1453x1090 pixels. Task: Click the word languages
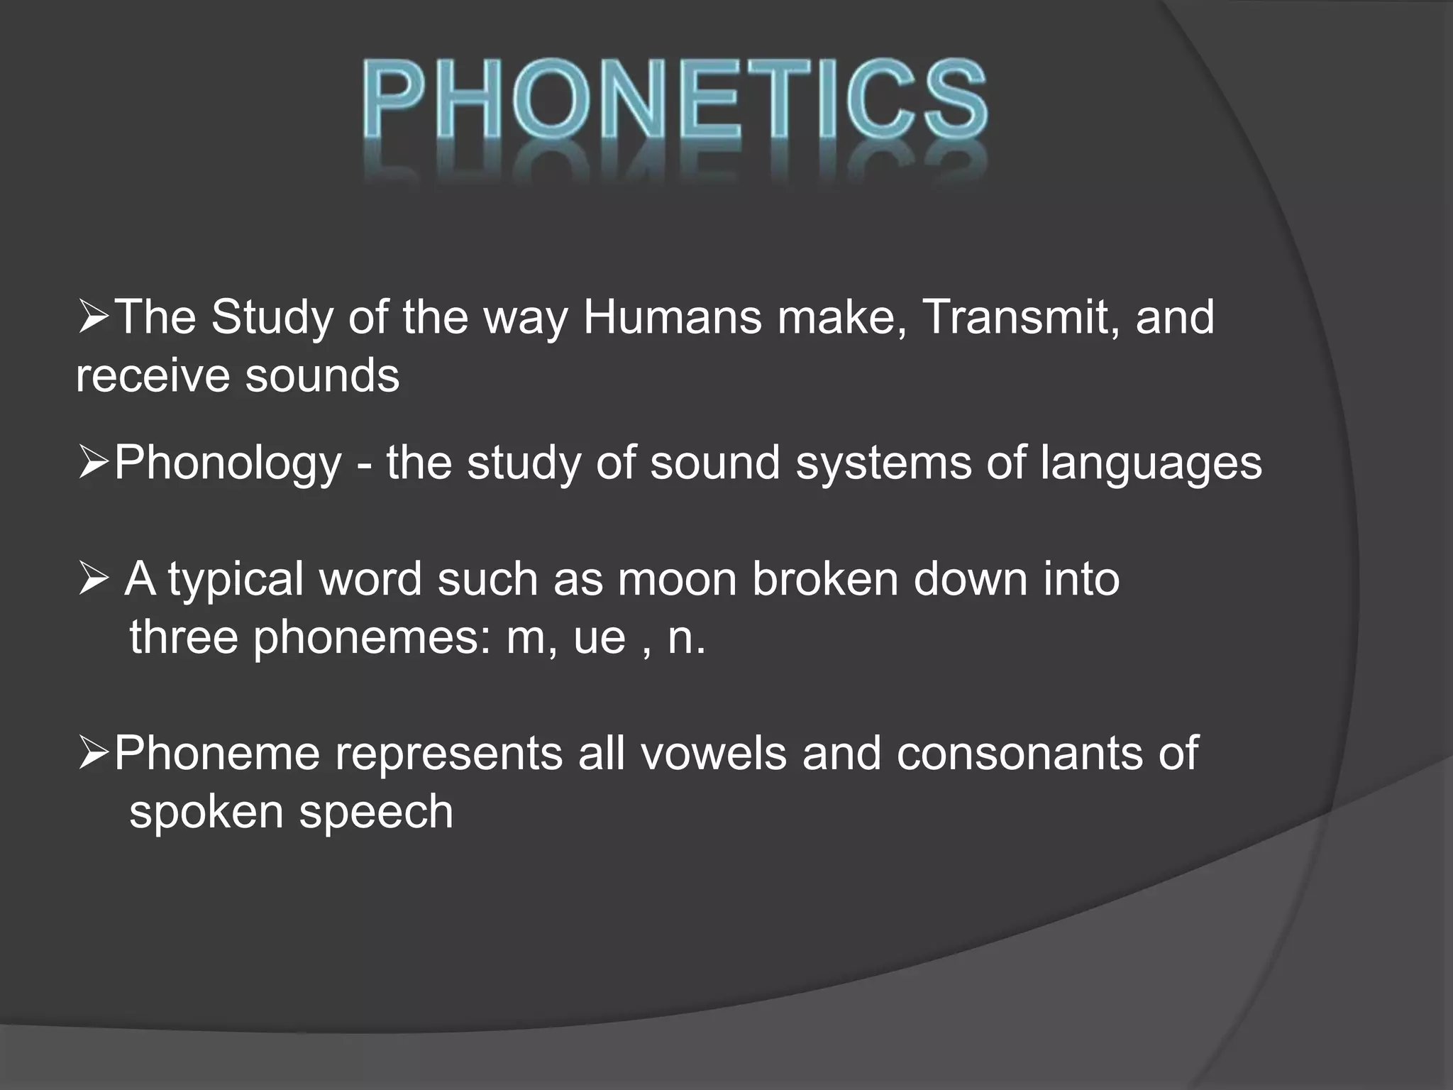(1151, 463)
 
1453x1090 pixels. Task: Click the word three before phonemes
(184, 637)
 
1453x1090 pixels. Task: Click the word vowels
(714, 753)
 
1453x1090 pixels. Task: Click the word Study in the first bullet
(271, 317)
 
